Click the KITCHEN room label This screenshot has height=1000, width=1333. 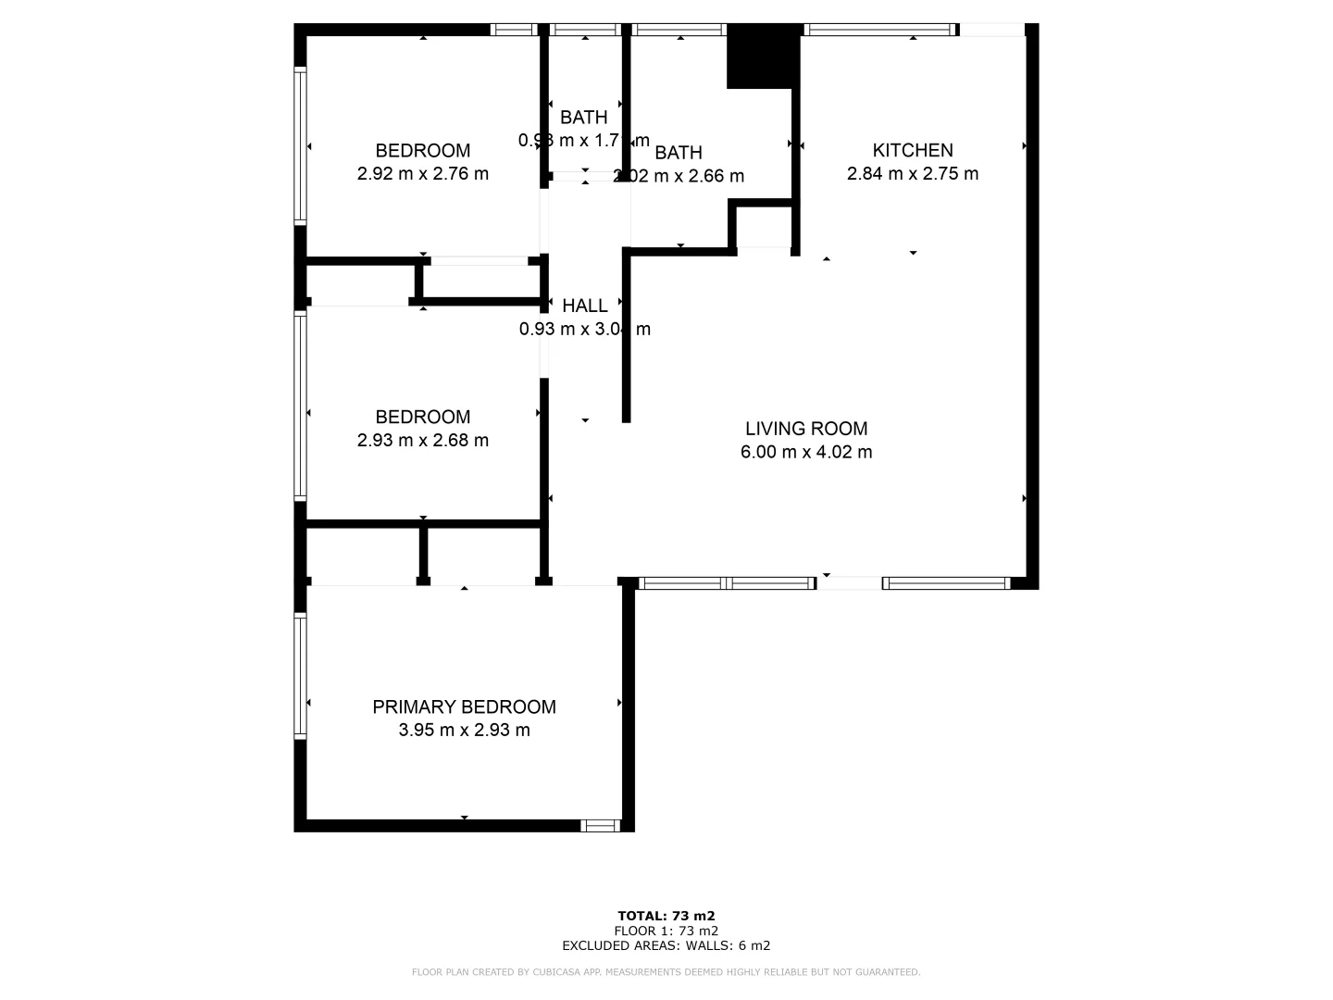912,150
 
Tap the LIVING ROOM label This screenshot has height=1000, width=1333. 806,429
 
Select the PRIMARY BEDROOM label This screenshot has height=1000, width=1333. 464,706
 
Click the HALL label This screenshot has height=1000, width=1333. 585,306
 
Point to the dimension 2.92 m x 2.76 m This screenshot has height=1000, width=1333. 422,173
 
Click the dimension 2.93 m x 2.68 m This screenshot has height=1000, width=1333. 422,440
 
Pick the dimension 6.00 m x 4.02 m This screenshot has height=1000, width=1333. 806,452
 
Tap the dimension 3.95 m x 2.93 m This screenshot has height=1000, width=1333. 464,730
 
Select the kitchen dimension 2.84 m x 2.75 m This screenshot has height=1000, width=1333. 912,173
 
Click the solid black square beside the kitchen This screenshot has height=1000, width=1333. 762,56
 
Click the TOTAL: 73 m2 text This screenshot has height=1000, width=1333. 666,916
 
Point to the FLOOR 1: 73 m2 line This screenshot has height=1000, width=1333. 666,931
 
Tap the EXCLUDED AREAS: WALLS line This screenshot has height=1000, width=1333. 666,945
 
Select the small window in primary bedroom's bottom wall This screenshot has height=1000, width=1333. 601,825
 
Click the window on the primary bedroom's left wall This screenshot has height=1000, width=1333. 300,674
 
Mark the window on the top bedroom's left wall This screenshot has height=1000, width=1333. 300,145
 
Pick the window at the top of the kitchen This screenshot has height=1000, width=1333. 878,30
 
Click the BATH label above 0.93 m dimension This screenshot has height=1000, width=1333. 584,118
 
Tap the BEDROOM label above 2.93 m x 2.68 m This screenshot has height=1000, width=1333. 422,417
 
